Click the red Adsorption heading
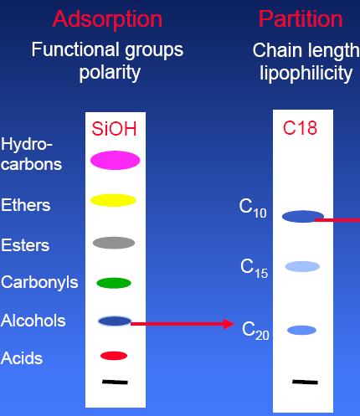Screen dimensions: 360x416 (107, 19)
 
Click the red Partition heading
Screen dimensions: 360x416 (301, 19)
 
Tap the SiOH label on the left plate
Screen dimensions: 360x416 (114, 129)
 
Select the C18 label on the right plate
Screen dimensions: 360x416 (300, 128)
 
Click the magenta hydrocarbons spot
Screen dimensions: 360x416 (115, 160)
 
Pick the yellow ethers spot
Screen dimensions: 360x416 (113, 200)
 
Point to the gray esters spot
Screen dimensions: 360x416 (114, 243)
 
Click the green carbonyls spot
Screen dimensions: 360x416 (114, 283)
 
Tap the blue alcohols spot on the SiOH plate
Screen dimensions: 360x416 (115, 321)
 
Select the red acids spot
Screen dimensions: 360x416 (114, 356)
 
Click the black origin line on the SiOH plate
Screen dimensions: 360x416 (115, 382)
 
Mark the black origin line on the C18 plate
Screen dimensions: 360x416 (305, 382)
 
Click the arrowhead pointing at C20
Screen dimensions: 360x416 (229, 324)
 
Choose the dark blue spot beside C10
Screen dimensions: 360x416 (303, 217)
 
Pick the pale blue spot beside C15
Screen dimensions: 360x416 (302, 266)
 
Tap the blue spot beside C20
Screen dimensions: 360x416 (301, 330)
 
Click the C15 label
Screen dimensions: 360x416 (254, 268)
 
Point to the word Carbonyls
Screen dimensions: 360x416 (39, 283)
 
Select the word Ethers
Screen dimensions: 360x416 (26, 205)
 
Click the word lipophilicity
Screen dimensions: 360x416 (306, 74)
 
